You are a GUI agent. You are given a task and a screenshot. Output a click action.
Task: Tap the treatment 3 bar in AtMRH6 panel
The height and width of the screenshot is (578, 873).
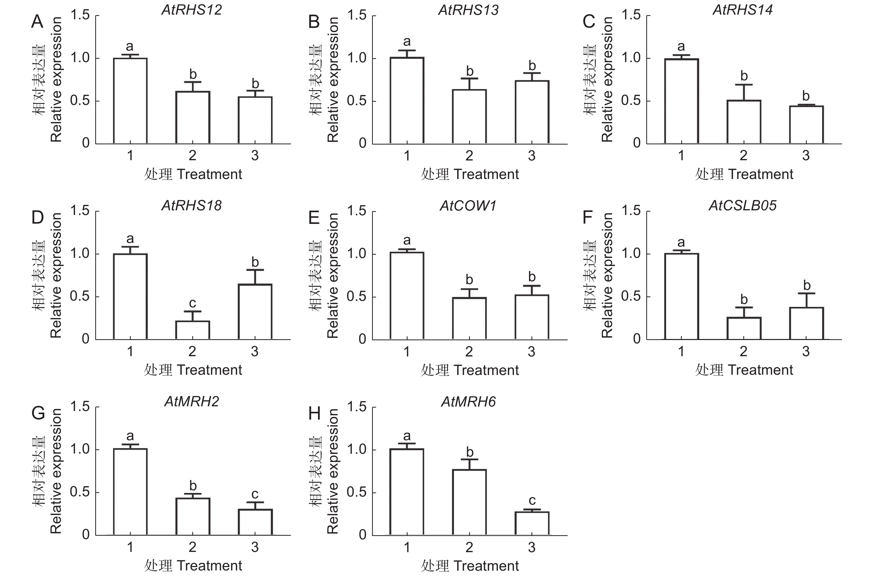(x=532, y=523)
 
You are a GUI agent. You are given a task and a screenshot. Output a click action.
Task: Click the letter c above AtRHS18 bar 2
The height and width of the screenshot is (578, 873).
(x=192, y=303)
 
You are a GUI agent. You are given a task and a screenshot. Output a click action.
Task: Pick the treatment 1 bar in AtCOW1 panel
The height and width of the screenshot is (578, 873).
(x=407, y=296)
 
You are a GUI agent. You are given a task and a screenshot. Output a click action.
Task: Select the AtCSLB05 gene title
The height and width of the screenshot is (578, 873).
(x=743, y=206)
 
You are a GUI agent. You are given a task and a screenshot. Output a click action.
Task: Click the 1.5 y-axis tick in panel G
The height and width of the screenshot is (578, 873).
(x=80, y=407)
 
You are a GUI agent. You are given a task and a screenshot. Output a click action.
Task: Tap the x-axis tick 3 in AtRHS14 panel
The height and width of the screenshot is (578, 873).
(x=806, y=156)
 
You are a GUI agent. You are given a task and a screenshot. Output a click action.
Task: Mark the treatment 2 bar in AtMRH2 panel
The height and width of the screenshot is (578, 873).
(x=193, y=516)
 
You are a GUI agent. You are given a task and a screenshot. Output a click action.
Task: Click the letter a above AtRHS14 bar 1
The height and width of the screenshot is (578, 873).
(x=681, y=46)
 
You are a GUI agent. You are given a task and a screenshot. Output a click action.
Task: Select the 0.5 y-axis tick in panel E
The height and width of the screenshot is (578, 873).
(x=356, y=297)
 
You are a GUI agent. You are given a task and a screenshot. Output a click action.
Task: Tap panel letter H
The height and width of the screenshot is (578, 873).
(x=314, y=414)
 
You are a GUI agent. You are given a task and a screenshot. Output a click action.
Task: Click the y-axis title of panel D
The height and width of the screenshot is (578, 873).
(x=48, y=275)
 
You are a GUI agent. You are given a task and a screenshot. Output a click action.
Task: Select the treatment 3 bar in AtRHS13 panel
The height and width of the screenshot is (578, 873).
(x=532, y=112)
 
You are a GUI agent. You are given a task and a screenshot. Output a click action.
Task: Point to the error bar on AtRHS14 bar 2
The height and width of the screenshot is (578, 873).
(x=744, y=92)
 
